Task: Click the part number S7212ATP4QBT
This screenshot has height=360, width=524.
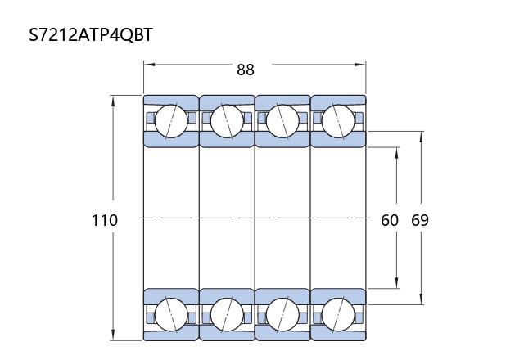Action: coord(91,34)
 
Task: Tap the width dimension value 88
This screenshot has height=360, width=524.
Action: coord(246,70)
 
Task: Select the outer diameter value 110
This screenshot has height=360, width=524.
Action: coord(105,220)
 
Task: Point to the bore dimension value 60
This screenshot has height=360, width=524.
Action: coord(390,220)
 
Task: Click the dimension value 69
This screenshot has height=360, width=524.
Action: coord(420,220)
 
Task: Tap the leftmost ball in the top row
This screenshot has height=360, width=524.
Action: coord(171,121)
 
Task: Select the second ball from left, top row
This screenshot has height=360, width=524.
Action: coord(227,121)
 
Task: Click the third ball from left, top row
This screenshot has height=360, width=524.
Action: coord(282,121)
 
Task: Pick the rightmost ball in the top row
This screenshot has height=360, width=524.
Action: coord(338,121)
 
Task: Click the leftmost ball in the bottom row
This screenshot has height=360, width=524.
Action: coord(171,314)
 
